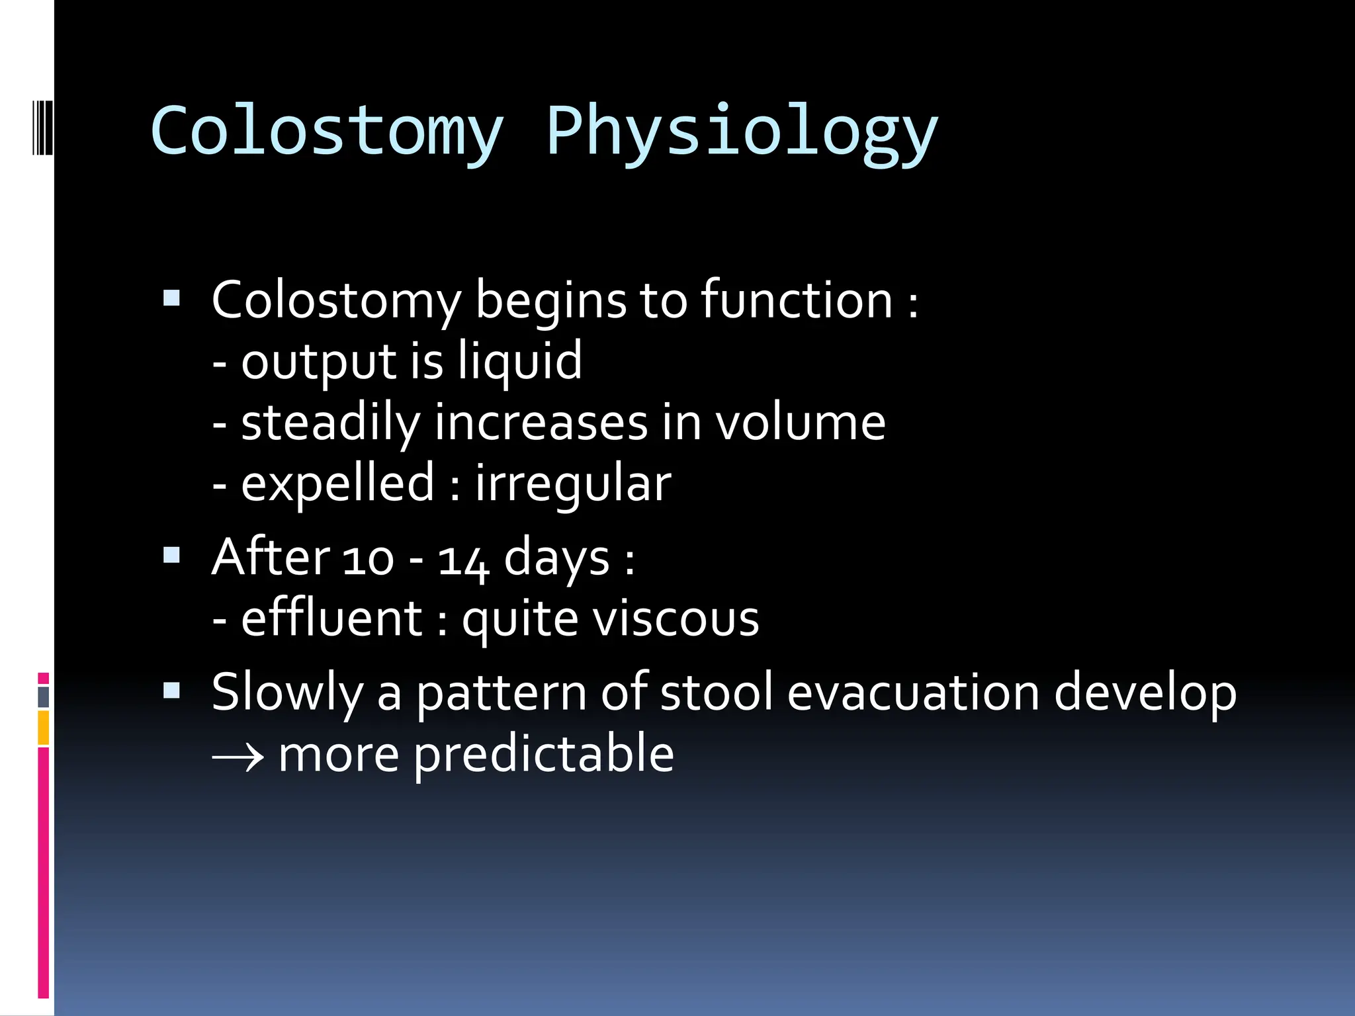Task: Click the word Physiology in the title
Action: [x=741, y=132]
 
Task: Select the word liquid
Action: [x=520, y=362]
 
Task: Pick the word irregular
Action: [x=573, y=485]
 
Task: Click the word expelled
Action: [x=337, y=485]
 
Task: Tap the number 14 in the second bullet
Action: [x=463, y=560]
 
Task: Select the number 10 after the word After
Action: [x=369, y=560]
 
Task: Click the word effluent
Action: [x=331, y=619]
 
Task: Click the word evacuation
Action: [x=913, y=693]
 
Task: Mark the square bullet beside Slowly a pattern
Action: [x=171, y=691]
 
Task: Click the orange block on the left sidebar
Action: [x=44, y=728]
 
